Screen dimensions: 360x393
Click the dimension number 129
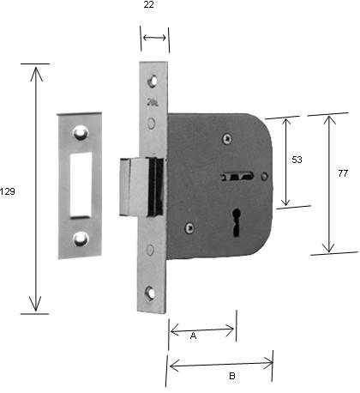click(7, 191)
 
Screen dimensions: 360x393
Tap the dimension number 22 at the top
click(148, 4)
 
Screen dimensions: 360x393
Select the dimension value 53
click(297, 160)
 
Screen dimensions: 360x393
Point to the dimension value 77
click(343, 173)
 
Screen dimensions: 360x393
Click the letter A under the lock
click(193, 336)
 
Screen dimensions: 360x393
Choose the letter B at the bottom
click(232, 376)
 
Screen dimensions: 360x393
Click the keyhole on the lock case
click(237, 222)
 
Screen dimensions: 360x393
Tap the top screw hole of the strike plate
click(81, 133)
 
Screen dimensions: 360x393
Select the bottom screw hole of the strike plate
click(81, 239)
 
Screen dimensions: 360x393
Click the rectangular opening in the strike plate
click(81, 185)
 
